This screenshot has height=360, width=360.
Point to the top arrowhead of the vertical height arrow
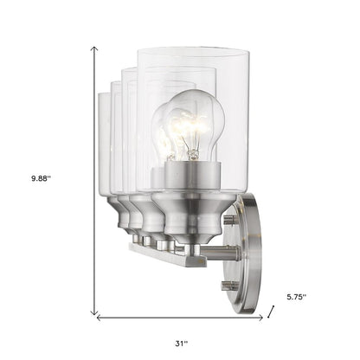(x=93, y=50)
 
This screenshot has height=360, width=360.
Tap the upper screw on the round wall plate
(x=228, y=220)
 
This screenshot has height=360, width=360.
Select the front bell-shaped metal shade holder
(x=191, y=227)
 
